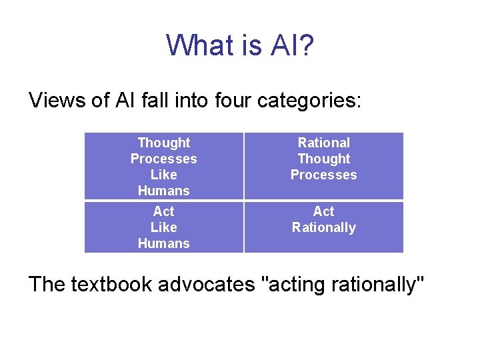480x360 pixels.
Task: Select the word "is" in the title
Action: coord(253,45)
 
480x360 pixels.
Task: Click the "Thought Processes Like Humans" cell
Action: coord(163,167)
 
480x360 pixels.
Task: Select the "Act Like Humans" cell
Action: coord(163,227)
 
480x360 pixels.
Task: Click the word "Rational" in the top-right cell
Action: coord(323,143)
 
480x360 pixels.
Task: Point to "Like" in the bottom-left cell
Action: coord(163,227)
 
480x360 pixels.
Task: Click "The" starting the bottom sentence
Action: coord(47,284)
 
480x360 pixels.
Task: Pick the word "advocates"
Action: coord(213,284)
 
